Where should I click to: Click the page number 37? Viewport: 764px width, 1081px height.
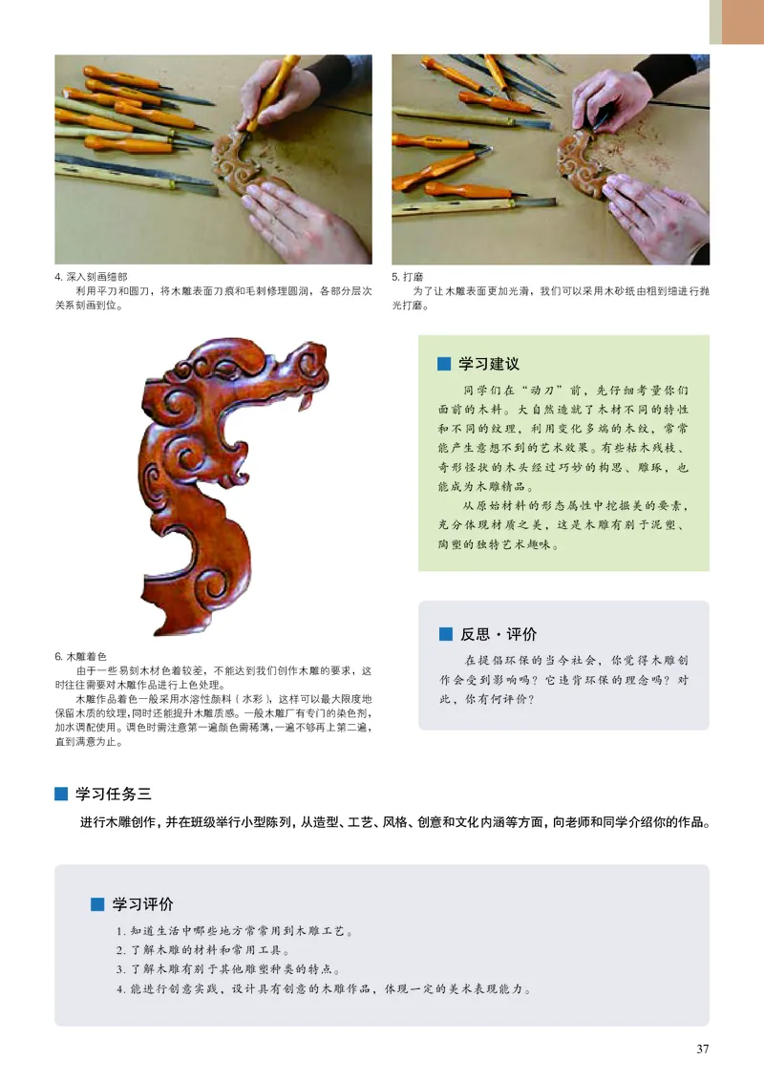pyautogui.click(x=703, y=1049)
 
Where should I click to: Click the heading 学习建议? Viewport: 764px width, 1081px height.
pyautogui.click(x=489, y=364)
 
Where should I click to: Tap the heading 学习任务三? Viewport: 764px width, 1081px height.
pyautogui.click(x=114, y=793)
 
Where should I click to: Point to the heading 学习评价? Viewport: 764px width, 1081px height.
pyautogui.click(x=143, y=904)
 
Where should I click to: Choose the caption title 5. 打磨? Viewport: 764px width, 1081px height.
pyautogui.click(x=412, y=278)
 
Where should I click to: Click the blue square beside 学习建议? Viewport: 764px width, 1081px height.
pyautogui.click(x=443, y=364)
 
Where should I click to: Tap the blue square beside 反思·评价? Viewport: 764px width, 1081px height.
pyautogui.click(x=445, y=634)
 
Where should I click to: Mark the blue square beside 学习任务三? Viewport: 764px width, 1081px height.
pyautogui.click(x=61, y=793)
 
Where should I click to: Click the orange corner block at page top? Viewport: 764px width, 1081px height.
pyautogui.click(x=742, y=21)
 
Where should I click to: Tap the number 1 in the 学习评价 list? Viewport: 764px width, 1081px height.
pyautogui.click(x=119, y=931)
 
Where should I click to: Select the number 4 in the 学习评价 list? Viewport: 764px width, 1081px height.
pyautogui.click(x=120, y=988)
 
